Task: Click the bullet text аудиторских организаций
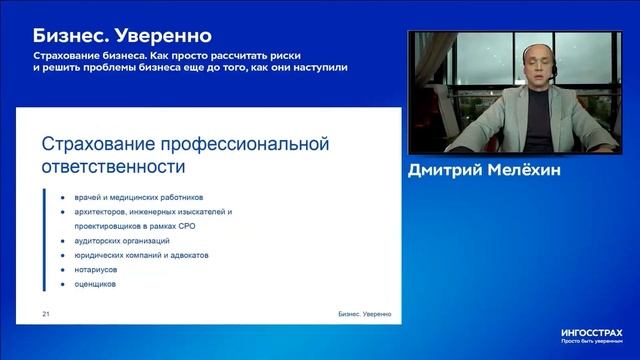click(122, 241)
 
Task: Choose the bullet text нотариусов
click(97, 269)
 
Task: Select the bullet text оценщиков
click(95, 284)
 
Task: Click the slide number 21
click(46, 314)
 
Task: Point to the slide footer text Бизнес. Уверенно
click(363, 314)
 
